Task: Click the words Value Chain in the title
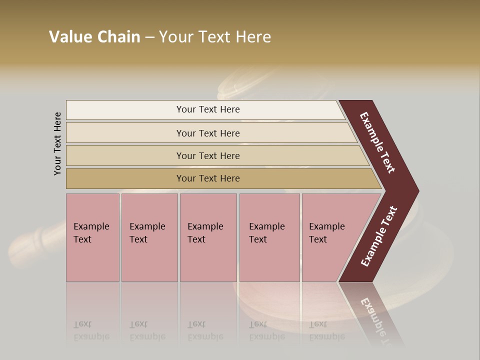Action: pyautogui.click(x=94, y=37)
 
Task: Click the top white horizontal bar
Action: pyautogui.click(x=125, y=110)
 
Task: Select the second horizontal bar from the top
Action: pyautogui.click(x=125, y=133)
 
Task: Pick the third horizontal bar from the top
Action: pyautogui.click(x=125, y=155)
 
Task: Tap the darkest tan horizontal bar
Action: pyautogui.click(x=125, y=178)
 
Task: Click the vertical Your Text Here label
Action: pyautogui.click(x=57, y=144)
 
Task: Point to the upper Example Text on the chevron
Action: pyautogui.click(x=378, y=142)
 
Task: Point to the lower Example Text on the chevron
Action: pyautogui.click(x=379, y=236)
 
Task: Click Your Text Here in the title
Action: pyautogui.click(x=215, y=37)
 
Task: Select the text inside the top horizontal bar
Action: pyautogui.click(x=208, y=109)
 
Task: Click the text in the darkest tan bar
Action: pyautogui.click(x=208, y=178)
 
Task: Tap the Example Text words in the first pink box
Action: pyautogui.click(x=91, y=233)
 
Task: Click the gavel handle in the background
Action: pyautogui.click(x=35, y=240)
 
